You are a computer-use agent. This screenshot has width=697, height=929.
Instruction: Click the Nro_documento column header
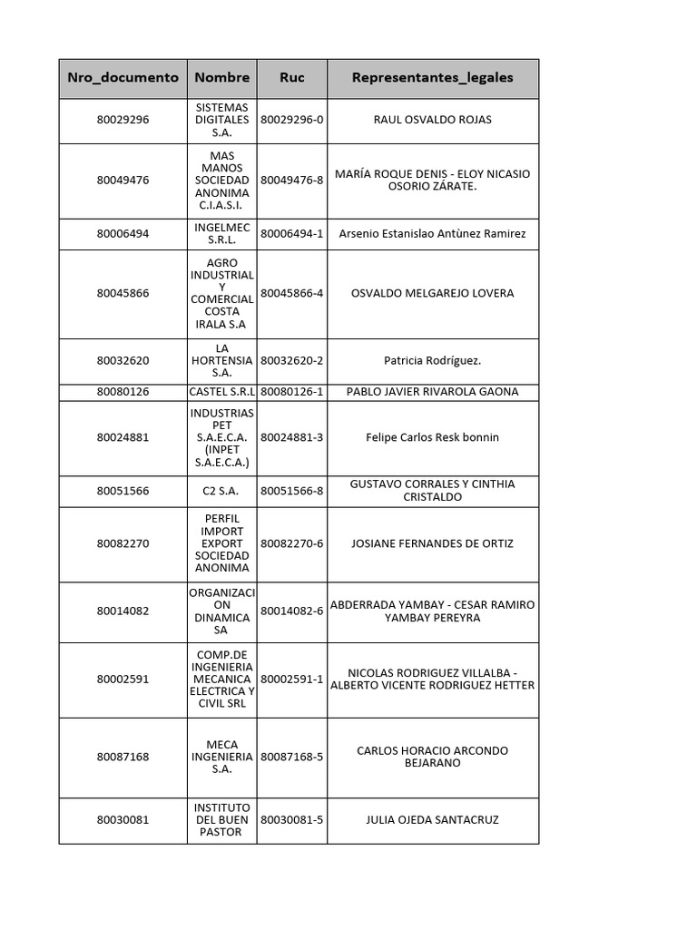point(123,78)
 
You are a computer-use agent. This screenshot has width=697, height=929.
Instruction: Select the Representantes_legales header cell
point(432,78)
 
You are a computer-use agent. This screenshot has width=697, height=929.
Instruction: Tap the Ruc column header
point(292,78)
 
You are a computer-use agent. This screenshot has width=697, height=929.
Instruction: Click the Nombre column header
point(221,78)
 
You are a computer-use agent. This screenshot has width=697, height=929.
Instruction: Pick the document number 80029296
point(123,120)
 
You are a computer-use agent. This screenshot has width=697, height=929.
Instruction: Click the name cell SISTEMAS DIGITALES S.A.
point(221,120)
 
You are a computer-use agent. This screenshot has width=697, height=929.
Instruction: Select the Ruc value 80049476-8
point(292,180)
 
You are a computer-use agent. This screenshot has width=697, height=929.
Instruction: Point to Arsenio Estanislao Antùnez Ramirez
point(432,234)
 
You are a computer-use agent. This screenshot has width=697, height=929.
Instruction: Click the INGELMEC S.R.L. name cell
point(221,234)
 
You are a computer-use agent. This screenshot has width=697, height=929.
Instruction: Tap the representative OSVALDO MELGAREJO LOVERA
point(432,293)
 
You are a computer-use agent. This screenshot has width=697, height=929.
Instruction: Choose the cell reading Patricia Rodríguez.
point(432,360)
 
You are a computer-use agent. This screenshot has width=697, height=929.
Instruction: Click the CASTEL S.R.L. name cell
point(221,392)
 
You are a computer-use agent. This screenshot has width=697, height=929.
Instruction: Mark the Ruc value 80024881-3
point(292,437)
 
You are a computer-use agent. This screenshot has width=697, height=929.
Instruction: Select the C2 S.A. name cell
point(221,491)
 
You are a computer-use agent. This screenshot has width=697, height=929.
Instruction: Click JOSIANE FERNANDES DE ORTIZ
point(432,543)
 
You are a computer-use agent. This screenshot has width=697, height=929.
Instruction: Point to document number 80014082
point(123,611)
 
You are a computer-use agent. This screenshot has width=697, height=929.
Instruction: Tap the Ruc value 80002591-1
point(292,679)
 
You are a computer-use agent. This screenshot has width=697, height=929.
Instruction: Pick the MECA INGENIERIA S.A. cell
point(221,757)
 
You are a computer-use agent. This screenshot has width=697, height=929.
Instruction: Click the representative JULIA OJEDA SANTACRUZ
point(432,820)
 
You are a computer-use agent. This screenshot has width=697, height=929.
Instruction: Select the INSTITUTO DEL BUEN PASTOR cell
point(221,820)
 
